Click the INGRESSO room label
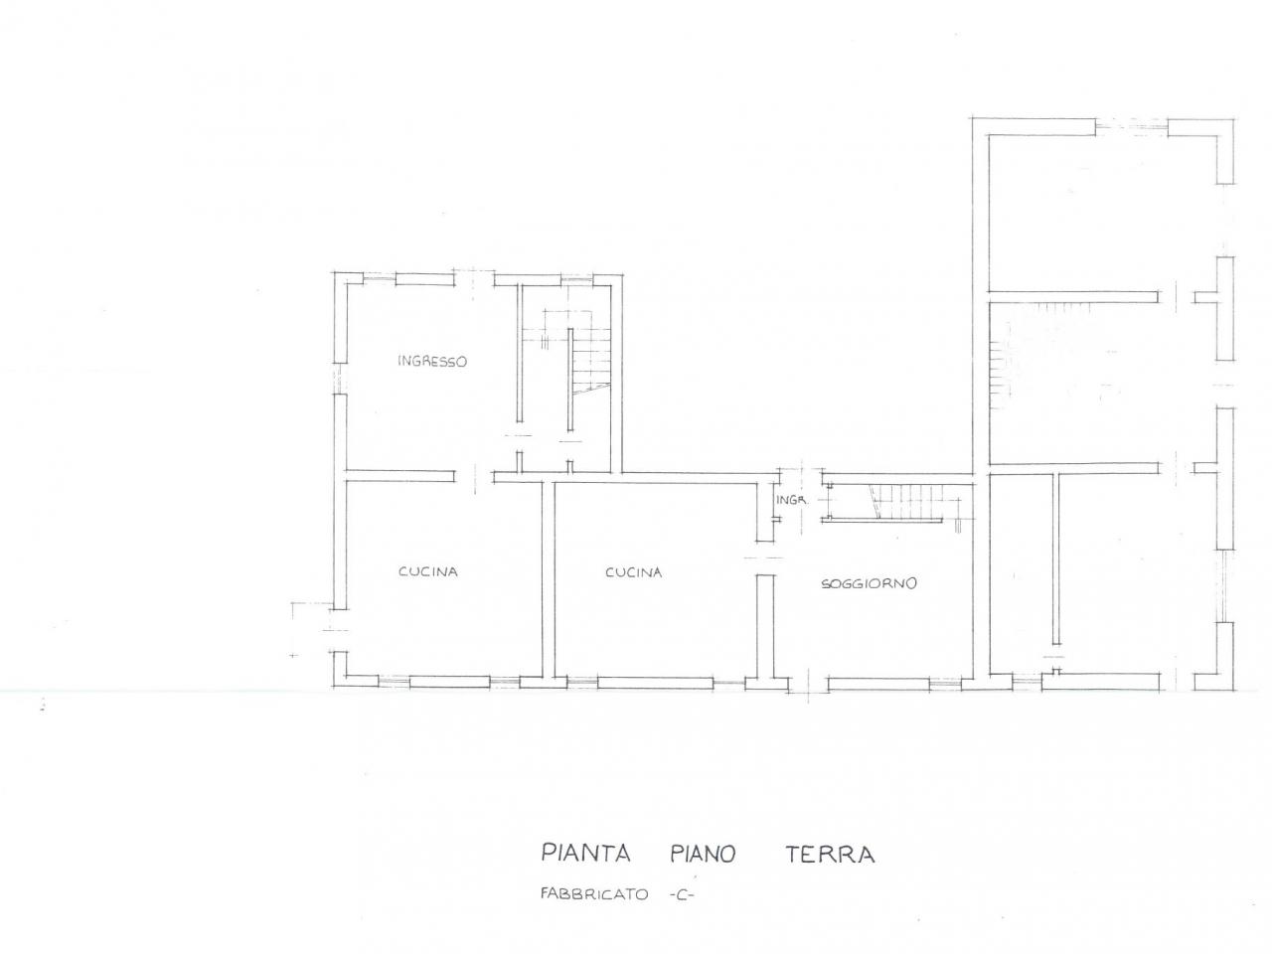tap(431, 362)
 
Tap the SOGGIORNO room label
tap(869, 583)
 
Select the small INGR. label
tap(791, 499)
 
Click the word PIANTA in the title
tap(585, 854)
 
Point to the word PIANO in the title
tap(703, 854)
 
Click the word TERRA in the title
tap(830, 855)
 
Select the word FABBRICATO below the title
tap(594, 893)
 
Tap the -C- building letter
tap(681, 894)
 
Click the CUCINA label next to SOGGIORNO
tap(633, 572)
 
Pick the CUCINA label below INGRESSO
tap(427, 571)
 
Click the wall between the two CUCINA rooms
tap(549, 579)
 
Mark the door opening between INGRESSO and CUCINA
tap(474, 476)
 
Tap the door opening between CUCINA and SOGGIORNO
tap(764, 558)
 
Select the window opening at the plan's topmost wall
tap(1131, 127)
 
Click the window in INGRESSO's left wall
tap(340, 379)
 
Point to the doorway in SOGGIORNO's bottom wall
tap(808, 684)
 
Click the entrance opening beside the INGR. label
tap(801, 476)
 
